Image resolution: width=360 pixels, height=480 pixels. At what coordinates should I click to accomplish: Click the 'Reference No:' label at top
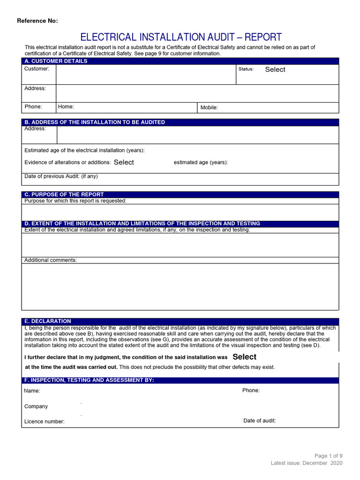tap(37, 21)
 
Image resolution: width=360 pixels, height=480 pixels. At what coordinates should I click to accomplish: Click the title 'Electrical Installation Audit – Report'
tap(181, 37)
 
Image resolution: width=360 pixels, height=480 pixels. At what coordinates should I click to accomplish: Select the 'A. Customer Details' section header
tap(56, 61)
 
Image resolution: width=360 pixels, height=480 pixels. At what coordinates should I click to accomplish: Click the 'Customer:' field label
tap(37, 69)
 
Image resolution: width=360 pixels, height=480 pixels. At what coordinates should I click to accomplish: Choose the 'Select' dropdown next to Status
tap(275, 69)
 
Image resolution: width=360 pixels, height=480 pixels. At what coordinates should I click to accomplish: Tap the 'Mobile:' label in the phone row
tap(209, 108)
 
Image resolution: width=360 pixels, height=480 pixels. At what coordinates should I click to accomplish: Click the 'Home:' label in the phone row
tap(66, 107)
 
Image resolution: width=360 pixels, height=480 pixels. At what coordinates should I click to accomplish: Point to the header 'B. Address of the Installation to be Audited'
tap(94, 122)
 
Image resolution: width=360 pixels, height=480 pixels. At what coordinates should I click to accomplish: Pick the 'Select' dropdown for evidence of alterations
tap(124, 162)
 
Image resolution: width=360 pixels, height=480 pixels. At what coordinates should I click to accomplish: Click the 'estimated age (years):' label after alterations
tap(201, 163)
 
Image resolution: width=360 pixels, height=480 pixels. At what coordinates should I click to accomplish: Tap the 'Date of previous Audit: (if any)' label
tap(61, 177)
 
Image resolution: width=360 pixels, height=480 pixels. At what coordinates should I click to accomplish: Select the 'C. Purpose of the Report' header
tap(64, 195)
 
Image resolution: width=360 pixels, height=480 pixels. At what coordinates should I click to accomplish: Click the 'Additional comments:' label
tap(51, 260)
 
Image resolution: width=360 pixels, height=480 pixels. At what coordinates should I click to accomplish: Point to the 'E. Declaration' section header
tap(47, 321)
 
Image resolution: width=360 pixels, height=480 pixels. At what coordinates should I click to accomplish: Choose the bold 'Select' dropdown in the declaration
tap(244, 357)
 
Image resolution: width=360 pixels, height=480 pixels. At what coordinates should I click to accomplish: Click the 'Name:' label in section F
tap(32, 391)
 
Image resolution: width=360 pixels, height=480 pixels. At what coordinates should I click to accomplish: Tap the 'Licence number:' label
tap(45, 422)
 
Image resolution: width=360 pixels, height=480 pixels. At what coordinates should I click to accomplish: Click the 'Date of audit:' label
tap(260, 421)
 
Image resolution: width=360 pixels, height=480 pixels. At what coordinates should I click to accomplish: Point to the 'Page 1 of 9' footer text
tap(328, 456)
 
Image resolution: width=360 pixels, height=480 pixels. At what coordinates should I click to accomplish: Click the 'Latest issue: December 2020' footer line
tap(307, 463)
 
